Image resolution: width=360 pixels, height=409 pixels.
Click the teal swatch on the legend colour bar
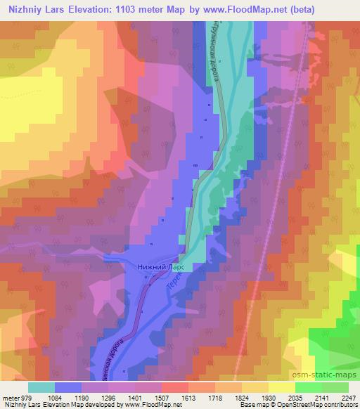pyautogui.click(x=41, y=387)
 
